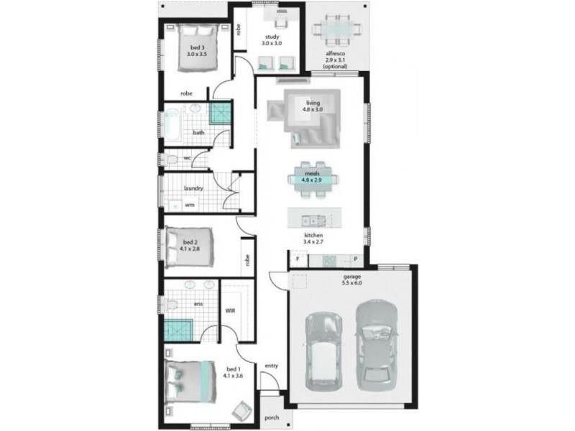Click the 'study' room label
(x=272, y=37)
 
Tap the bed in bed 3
(x=198, y=47)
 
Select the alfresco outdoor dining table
(x=336, y=29)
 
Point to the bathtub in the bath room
(x=172, y=125)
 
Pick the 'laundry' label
(x=193, y=188)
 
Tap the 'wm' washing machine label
(x=190, y=205)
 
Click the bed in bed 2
(x=189, y=247)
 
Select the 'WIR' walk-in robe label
(x=230, y=311)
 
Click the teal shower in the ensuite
(x=178, y=330)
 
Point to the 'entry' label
(x=272, y=366)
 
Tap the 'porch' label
(x=272, y=417)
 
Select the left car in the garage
(x=324, y=352)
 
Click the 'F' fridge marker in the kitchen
(x=298, y=259)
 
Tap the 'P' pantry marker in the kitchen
(x=356, y=259)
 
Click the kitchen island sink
(x=313, y=221)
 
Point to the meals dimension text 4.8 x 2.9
(x=312, y=180)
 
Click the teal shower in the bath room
(x=221, y=113)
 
